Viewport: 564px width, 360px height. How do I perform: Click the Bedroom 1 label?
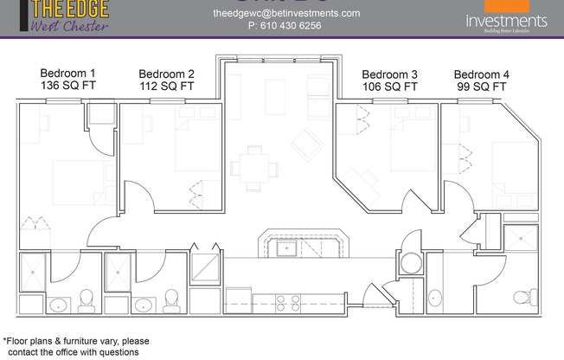(x=68, y=74)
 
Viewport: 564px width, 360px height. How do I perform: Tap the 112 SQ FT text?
(x=166, y=87)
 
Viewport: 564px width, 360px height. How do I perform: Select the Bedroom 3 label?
(x=389, y=74)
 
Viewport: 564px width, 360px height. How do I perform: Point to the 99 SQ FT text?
(x=481, y=87)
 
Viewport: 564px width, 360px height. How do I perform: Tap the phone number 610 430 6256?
(x=285, y=26)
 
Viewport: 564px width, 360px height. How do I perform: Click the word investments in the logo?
(x=506, y=21)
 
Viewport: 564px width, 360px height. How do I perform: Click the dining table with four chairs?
(x=254, y=165)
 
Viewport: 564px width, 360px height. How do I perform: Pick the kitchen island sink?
(x=287, y=249)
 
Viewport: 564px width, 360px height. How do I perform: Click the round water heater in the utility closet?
(x=410, y=263)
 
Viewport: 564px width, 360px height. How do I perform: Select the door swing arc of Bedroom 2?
(x=141, y=194)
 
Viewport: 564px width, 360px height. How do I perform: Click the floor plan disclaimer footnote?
(x=76, y=346)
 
